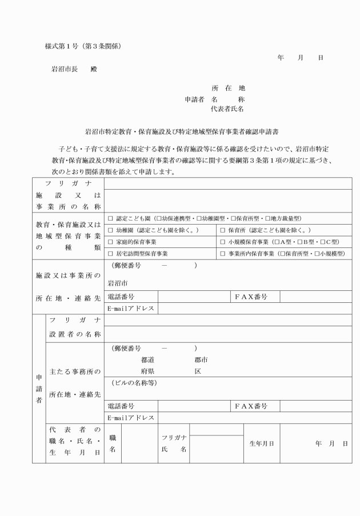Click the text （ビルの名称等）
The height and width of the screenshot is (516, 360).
(134, 382)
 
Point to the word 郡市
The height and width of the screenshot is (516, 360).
(201, 360)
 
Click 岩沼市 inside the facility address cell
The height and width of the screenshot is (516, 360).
(118, 283)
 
